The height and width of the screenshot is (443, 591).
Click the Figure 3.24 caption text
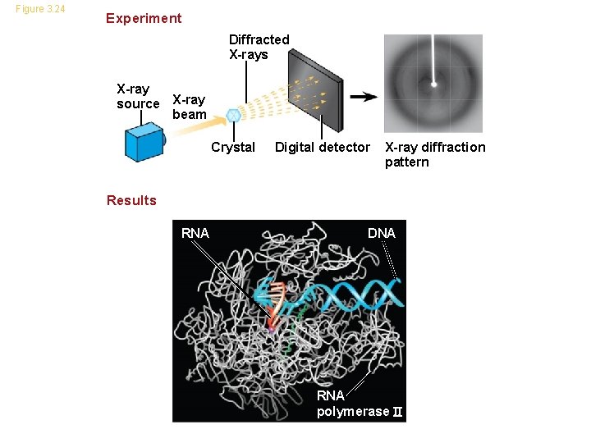pyautogui.click(x=40, y=10)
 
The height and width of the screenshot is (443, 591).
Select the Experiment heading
pyautogui.click(x=144, y=18)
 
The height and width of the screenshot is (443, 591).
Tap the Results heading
pyautogui.click(x=131, y=200)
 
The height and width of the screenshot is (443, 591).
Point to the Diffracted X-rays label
pyautogui.click(x=259, y=47)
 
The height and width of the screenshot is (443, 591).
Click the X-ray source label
pyautogui.click(x=138, y=96)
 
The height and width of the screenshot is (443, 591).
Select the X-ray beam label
pyautogui.click(x=189, y=107)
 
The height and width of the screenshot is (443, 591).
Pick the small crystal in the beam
pyautogui.click(x=234, y=116)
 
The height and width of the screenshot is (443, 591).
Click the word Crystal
pyautogui.click(x=233, y=148)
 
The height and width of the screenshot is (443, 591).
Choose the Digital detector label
pyautogui.click(x=322, y=148)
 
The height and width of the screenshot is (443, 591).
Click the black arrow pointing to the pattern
pyautogui.click(x=364, y=96)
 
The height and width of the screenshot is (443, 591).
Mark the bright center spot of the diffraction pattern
pyautogui.click(x=434, y=83)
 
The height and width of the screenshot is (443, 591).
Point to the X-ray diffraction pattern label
pyautogui.click(x=435, y=154)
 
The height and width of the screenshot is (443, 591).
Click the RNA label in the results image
pyautogui.click(x=195, y=233)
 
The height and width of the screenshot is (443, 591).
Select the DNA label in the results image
pyautogui.click(x=382, y=233)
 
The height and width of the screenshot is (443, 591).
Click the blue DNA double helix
pyautogui.click(x=353, y=293)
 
